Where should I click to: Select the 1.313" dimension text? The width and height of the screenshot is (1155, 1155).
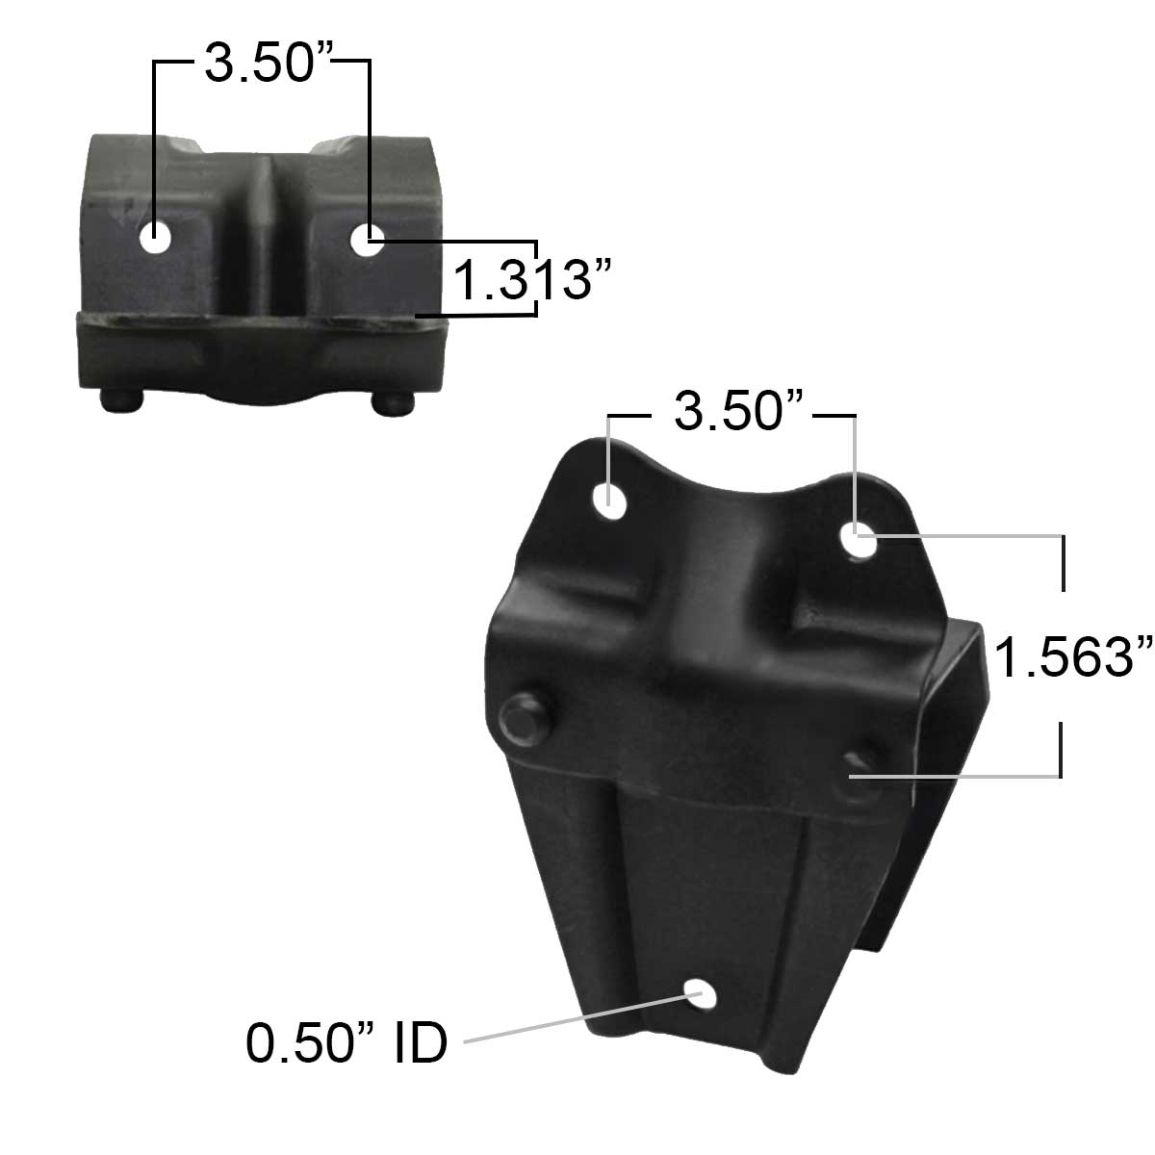pos(532,280)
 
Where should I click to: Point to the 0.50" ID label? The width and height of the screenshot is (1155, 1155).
pos(346,1042)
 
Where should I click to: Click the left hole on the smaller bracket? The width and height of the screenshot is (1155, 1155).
pos(156,240)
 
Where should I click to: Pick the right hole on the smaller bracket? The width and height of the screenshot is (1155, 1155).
pos(366,240)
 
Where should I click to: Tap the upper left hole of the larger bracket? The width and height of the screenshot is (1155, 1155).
pos(611,499)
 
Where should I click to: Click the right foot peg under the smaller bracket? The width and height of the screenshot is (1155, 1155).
pos(393,401)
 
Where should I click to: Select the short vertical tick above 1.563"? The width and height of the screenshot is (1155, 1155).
pos(1063,563)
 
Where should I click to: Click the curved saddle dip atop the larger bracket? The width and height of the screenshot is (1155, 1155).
pos(731,500)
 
